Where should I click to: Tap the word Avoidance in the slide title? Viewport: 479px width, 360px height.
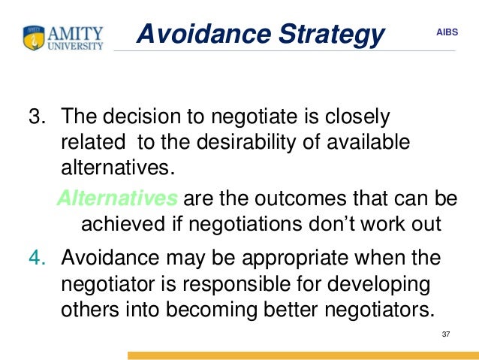tap(197, 33)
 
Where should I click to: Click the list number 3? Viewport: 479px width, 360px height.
tap(35, 117)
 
